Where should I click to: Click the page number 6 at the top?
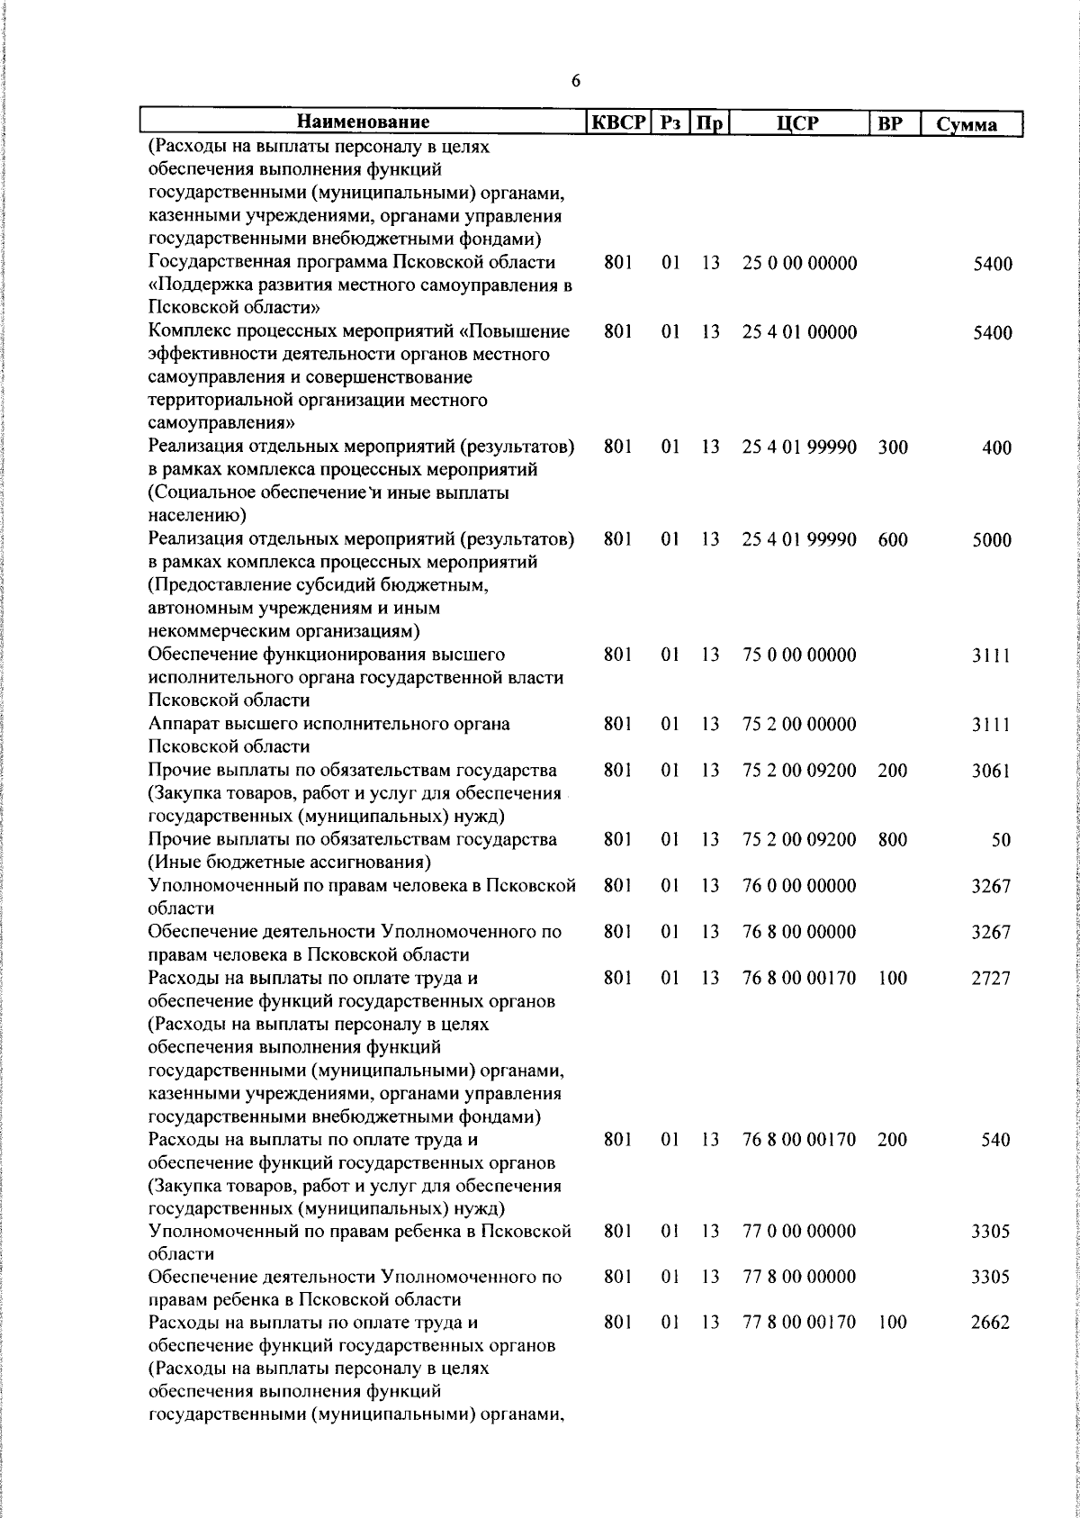pyautogui.click(x=575, y=81)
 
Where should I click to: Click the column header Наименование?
pyautogui.click(x=364, y=122)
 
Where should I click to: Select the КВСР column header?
pyautogui.click(x=618, y=122)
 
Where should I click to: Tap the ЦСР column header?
pyautogui.click(x=798, y=122)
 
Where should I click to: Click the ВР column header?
pyautogui.click(x=890, y=123)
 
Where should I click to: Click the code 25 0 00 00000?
pyautogui.click(x=799, y=264)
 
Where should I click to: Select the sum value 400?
pyautogui.click(x=997, y=448)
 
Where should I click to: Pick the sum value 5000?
pyautogui.click(x=992, y=541)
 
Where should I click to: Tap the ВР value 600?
pyautogui.click(x=893, y=540)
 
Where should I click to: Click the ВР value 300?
pyautogui.click(x=893, y=447)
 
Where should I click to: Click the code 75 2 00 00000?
pyautogui.click(x=799, y=724)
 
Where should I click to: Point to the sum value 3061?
pyautogui.click(x=992, y=771)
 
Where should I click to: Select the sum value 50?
pyautogui.click(x=1001, y=840)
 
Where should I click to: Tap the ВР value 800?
pyautogui.click(x=893, y=839)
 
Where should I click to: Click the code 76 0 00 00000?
pyautogui.click(x=799, y=885)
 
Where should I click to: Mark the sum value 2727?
pyautogui.click(x=992, y=979)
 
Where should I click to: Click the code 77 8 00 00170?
pyautogui.click(x=799, y=1323)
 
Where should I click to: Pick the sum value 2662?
pyautogui.click(x=992, y=1324)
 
